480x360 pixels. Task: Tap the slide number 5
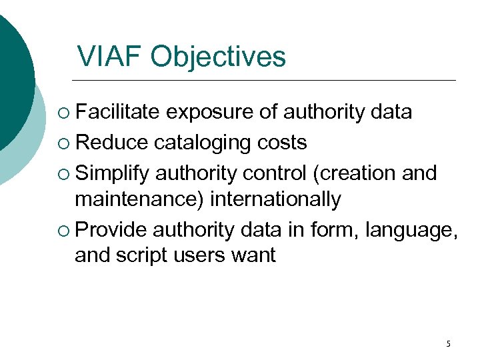[448, 344]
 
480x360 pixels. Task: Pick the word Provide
[111, 230]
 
